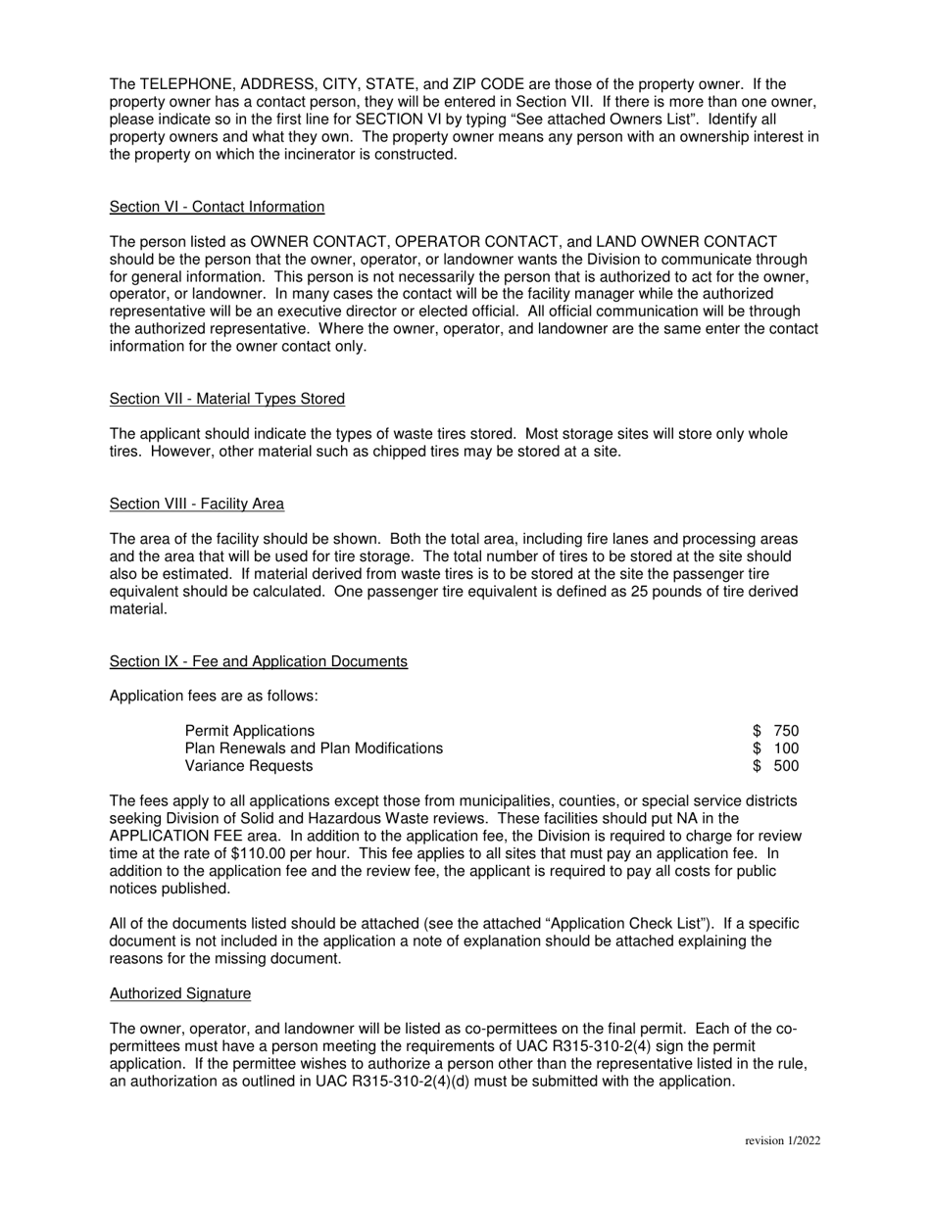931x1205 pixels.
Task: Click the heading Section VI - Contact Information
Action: point(217,207)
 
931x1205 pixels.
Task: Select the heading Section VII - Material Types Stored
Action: point(226,399)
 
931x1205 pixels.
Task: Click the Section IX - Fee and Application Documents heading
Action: point(258,662)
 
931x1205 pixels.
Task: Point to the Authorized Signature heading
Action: point(179,993)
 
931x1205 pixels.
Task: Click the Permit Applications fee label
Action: point(250,731)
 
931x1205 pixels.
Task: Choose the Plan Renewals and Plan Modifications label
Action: point(314,748)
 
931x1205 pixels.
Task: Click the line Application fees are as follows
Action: point(213,697)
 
